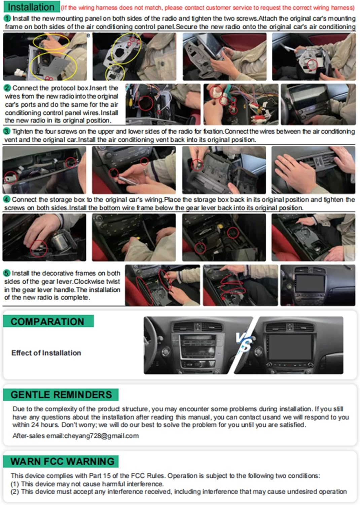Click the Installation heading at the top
pyautogui.click(x=31, y=7)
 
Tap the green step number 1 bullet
pyautogui.click(x=7, y=19)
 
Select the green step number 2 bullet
pyautogui.click(x=7, y=88)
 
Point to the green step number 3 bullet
pyautogui.click(x=7, y=131)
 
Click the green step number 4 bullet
pyautogui.click(x=7, y=200)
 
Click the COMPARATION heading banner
pyautogui.click(x=48, y=322)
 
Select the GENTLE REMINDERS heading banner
pyautogui.click(x=61, y=395)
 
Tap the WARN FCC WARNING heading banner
pyautogui.click(x=62, y=461)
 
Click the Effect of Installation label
pyautogui.click(x=46, y=353)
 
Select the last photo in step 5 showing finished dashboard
pyautogui.click(x=318, y=285)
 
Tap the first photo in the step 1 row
pyautogui.click(x=45, y=57)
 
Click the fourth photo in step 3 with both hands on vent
pyautogui.click(x=313, y=170)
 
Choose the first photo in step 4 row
pyautogui.click(x=44, y=237)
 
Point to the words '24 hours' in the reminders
pyautogui.click(x=45, y=425)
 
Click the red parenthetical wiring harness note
pyautogui.click(x=208, y=7)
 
